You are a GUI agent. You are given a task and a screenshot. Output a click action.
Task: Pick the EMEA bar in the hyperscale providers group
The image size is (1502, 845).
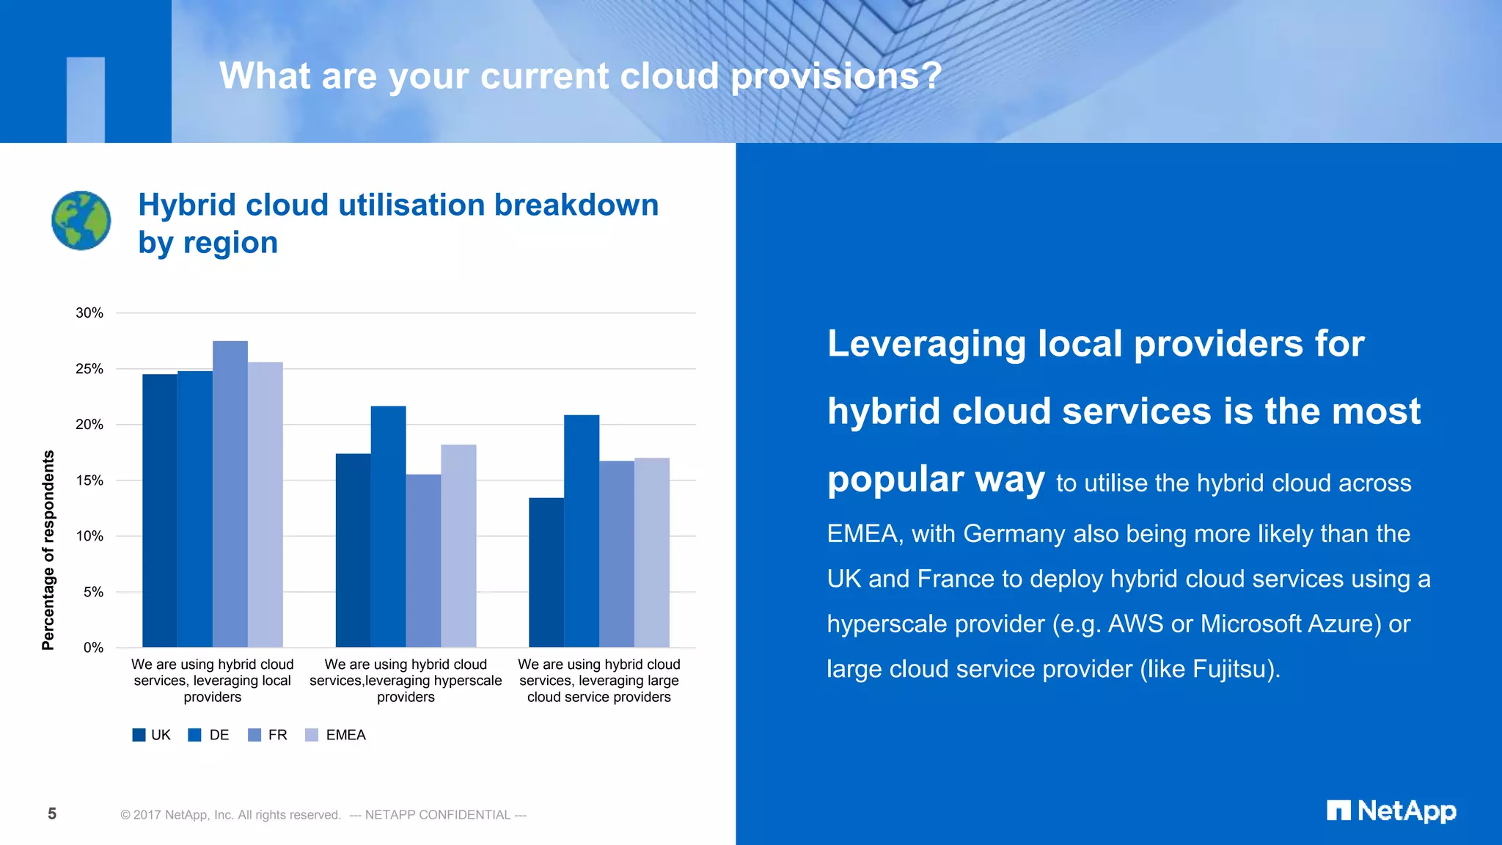click(x=458, y=546)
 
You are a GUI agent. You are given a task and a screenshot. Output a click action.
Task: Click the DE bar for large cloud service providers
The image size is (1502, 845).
click(x=582, y=531)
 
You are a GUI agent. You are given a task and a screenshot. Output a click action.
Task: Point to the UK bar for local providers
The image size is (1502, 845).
click(x=160, y=511)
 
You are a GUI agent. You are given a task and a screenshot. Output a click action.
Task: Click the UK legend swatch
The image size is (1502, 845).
click(x=139, y=735)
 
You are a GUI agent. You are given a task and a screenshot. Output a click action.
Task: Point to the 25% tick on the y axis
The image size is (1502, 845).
click(x=89, y=369)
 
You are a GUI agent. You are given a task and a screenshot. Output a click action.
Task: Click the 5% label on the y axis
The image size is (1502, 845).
click(x=93, y=592)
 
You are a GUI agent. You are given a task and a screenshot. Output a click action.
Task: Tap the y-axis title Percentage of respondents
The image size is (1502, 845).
click(x=48, y=550)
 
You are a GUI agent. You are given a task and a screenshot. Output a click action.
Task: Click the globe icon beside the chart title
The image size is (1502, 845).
click(x=81, y=221)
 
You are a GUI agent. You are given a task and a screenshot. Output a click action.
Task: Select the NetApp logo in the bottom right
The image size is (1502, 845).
click(x=1391, y=811)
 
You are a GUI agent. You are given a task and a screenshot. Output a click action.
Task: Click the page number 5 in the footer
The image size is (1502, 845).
click(x=52, y=813)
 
